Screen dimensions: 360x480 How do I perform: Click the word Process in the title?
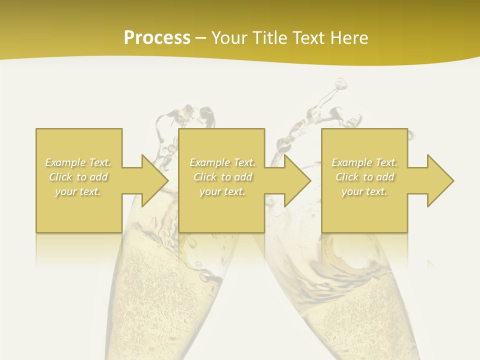pos(157,38)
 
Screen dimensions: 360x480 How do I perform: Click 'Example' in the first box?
pos(65,162)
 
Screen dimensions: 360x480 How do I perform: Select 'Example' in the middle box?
pos(209,162)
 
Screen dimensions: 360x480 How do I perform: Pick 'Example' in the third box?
pos(351,162)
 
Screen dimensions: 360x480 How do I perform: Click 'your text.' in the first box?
pos(78,191)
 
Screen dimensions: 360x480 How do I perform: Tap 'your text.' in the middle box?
pos(222,191)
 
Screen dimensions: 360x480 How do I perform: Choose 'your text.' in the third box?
pos(364,191)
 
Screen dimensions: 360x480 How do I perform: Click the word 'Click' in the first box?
pos(60,177)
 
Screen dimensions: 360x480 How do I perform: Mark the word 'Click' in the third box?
pos(346,177)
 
